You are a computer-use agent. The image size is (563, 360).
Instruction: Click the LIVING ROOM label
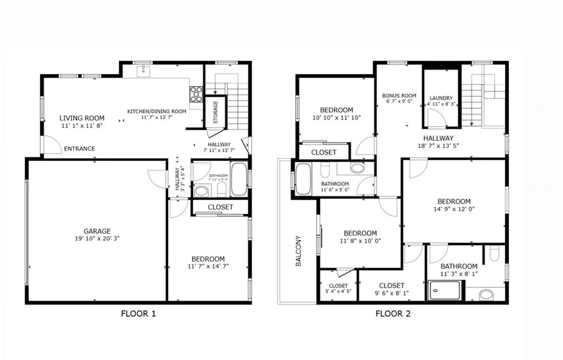point(82,118)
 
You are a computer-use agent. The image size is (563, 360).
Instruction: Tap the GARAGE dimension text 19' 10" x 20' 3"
point(97,239)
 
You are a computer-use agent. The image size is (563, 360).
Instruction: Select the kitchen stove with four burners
point(196,95)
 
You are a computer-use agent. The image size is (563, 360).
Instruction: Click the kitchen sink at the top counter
point(143,70)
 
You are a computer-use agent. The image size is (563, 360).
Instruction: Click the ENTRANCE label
point(79,148)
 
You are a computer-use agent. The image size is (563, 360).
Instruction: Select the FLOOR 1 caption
point(139,314)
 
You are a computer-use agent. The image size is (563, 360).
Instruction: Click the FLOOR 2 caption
point(393,314)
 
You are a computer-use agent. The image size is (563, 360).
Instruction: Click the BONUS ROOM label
point(399,95)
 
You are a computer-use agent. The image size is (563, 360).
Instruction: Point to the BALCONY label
point(299,251)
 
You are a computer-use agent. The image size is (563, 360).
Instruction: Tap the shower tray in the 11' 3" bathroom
point(446,291)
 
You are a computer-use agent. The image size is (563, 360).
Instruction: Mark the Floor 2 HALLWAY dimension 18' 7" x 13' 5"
point(438,146)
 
